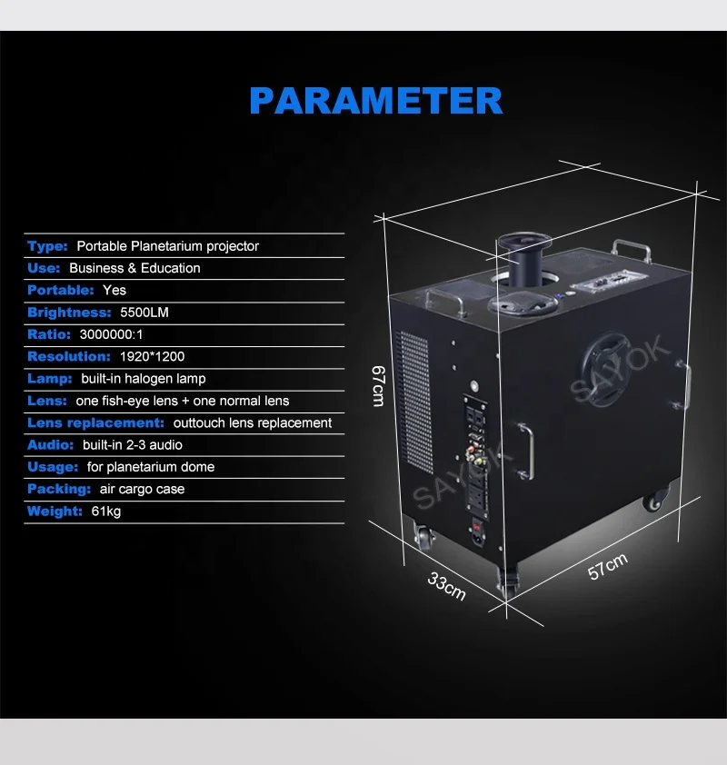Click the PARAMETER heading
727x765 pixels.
click(x=375, y=100)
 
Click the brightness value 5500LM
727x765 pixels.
click(x=144, y=313)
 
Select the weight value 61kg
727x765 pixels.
click(x=105, y=512)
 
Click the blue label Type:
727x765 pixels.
click(x=47, y=246)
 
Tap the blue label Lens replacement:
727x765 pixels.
click(x=95, y=422)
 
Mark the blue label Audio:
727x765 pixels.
click(x=51, y=445)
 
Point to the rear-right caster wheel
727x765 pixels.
click(x=654, y=499)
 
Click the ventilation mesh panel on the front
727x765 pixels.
click(x=415, y=402)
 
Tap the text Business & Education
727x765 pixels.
click(x=134, y=268)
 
